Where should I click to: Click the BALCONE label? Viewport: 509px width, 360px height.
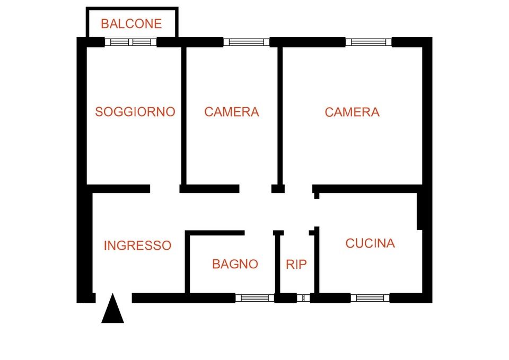131,24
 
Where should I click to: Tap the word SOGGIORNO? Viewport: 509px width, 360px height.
135,112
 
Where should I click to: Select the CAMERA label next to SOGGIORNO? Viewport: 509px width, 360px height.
232,112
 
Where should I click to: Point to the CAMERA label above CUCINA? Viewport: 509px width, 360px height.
352,112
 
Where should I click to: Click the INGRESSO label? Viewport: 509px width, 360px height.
137,245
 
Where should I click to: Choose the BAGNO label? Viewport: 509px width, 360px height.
235,264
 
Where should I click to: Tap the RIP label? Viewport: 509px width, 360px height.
296,265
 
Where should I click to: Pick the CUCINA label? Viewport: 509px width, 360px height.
370,243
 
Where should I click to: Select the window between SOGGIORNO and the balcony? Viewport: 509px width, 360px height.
130,42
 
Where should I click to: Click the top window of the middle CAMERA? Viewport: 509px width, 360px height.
247,42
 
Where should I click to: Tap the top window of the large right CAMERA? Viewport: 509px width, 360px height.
368,42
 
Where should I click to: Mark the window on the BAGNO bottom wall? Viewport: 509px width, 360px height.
255,298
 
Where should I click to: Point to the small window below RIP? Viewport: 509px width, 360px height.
303,298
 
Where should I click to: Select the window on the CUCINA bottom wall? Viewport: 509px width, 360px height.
370,298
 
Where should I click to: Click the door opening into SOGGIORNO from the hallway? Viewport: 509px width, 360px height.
164,189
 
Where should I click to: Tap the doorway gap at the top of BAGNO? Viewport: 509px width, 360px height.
259,233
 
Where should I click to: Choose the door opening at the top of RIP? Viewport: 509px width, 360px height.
296,233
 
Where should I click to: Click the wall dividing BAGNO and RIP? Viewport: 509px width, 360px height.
277,264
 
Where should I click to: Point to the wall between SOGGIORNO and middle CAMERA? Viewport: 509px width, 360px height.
184,116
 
